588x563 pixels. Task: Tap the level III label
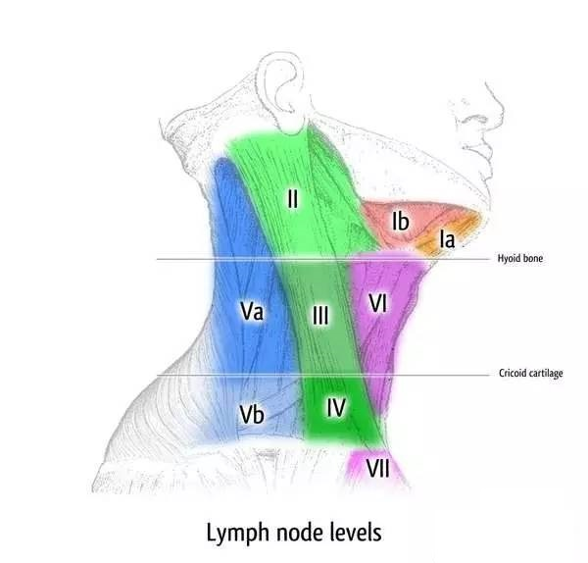point(320,315)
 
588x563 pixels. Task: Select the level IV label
point(336,406)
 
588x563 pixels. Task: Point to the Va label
point(252,311)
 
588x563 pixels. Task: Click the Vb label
point(252,416)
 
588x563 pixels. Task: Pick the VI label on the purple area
point(380,303)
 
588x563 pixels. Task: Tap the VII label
point(377,469)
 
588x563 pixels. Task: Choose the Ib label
point(400,222)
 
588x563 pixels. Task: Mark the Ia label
point(446,238)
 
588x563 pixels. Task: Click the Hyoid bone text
point(519,260)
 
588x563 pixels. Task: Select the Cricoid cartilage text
point(530,374)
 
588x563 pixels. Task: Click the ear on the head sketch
point(280,93)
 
